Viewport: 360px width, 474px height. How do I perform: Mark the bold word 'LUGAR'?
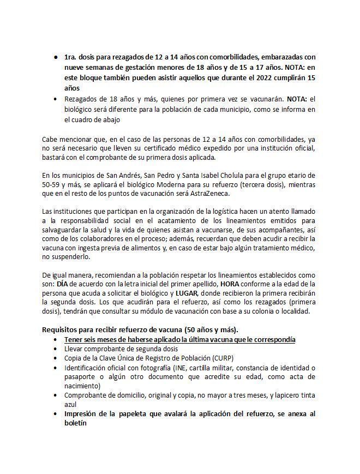coord(187,295)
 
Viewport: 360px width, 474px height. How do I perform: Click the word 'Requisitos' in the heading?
coord(61,329)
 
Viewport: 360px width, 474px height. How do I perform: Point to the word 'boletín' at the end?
coord(75,423)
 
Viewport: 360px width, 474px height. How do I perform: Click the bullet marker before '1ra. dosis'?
coord(56,57)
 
